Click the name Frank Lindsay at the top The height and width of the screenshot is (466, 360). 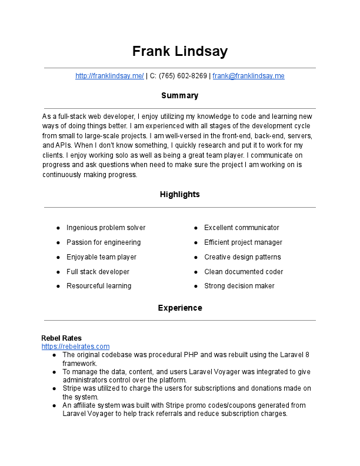[x=179, y=51]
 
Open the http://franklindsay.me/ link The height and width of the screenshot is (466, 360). [x=109, y=76]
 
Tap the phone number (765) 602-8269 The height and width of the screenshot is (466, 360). [x=183, y=76]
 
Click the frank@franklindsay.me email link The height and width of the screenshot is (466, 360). [x=248, y=76]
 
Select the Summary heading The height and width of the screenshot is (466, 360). [x=179, y=95]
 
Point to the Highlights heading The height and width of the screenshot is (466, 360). [x=179, y=194]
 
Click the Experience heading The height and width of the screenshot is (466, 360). [x=179, y=308]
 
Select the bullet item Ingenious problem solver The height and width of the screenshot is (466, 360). [x=106, y=228]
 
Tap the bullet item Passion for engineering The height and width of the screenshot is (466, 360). [x=104, y=242]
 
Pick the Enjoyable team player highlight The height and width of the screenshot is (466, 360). [x=101, y=257]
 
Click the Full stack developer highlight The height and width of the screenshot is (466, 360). [x=98, y=272]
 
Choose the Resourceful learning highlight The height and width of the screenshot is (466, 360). [x=99, y=286]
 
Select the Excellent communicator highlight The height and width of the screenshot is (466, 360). [x=242, y=228]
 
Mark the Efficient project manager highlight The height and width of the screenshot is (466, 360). [x=243, y=242]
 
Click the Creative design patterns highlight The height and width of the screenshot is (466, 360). [x=242, y=257]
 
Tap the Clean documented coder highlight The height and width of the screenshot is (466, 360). [x=244, y=272]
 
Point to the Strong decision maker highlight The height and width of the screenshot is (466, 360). [x=239, y=286]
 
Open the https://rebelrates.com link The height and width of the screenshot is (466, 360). [x=75, y=347]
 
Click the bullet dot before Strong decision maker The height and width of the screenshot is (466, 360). [x=196, y=287]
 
